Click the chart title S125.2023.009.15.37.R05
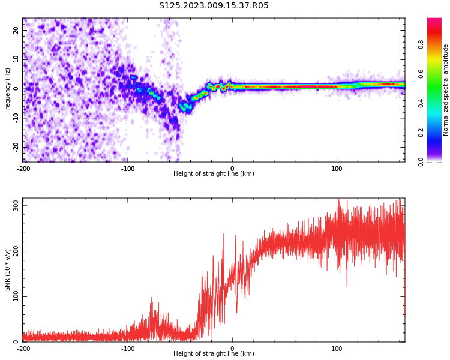click(x=214, y=5)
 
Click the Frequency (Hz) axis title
click(x=7, y=90)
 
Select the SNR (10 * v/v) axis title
click(x=7, y=270)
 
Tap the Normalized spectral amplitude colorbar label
click(x=445, y=90)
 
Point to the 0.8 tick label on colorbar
click(x=421, y=44)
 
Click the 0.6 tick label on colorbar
click(x=421, y=74)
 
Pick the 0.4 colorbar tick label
click(x=421, y=103)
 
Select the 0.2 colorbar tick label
click(x=421, y=133)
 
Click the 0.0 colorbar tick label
click(x=421, y=162)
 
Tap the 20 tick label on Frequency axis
click(x=16, y=30)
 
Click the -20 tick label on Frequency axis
click(x=16, y=147)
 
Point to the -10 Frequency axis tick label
click(x=16, y=118)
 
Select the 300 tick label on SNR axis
click(x=16, y=206)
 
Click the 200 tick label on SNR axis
click(x=16, y=251)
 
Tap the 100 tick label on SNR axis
click(x=16, y=296)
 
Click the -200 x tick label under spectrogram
click(x=23, y=169)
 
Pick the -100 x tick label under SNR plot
click(x=128, y=349)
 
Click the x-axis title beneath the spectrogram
click(x=214, y=173)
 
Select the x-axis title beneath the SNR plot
click(x=214, y=353)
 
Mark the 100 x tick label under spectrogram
click(x=337, y=169)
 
